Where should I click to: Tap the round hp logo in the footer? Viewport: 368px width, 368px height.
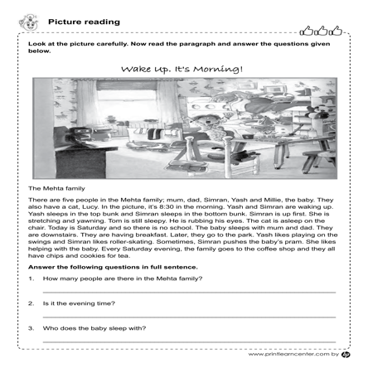click(x=346, y=354)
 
